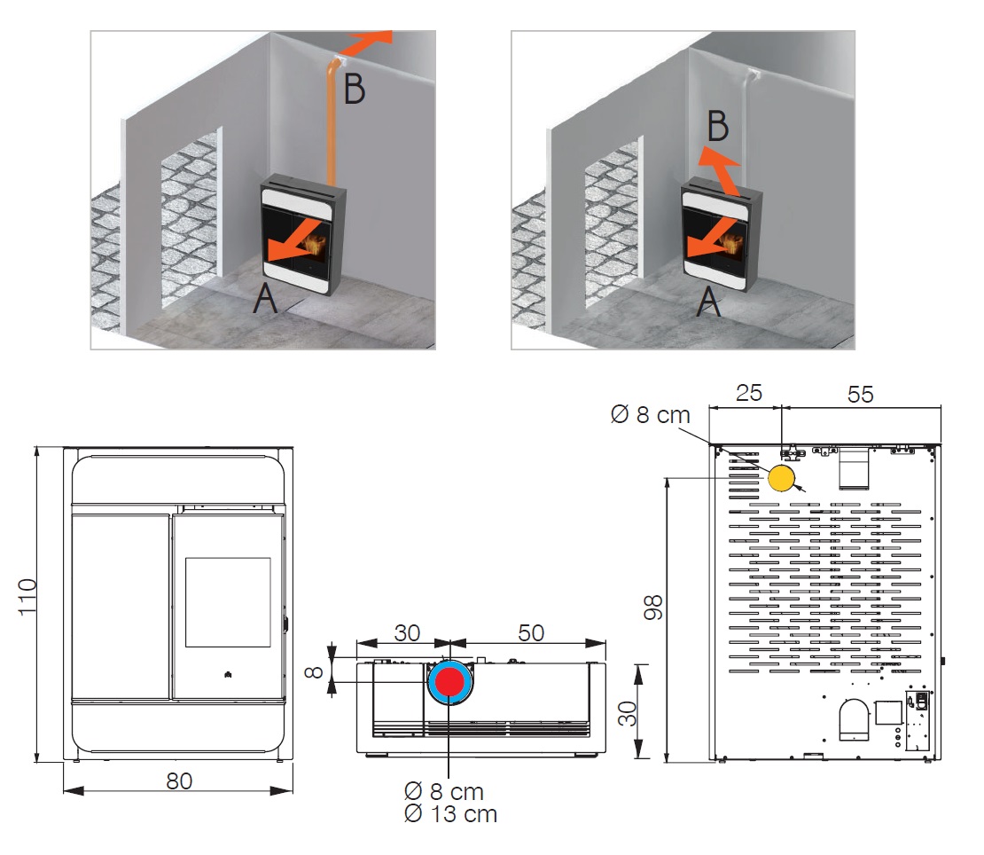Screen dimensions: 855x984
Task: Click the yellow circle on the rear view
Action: click(x=781, y=477)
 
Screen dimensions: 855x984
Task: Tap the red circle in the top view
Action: click(x=450, y=681)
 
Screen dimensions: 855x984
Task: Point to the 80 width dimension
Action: click(x=179, y=780)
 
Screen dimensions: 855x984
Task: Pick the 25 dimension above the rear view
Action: click(x=749, y=393)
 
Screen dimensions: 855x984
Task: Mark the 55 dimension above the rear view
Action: click(x=860, y=393)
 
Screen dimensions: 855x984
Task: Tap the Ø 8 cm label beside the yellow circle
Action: click(x=650, y=414)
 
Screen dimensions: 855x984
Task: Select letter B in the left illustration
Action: click(x=354, y=89)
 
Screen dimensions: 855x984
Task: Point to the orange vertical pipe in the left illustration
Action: click(x=332, y=124)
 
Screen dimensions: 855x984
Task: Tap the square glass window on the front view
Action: click(x=227, y=602)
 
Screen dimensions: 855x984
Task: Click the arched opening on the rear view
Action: click(x=854, y=719)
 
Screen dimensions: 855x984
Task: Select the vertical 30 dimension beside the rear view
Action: click(x=652, y=712)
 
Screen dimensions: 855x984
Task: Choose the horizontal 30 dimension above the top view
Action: click(x=407, y=632)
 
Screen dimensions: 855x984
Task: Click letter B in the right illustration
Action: click(x=718, y=128)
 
